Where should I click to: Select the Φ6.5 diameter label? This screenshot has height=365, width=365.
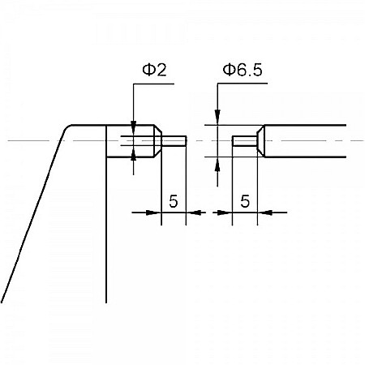pos(242,70)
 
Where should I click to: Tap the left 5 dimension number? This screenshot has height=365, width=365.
pos(173,200)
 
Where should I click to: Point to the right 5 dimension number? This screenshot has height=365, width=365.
pos(245,200)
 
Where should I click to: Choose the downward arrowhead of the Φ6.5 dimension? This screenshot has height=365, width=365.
pos(217,120)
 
